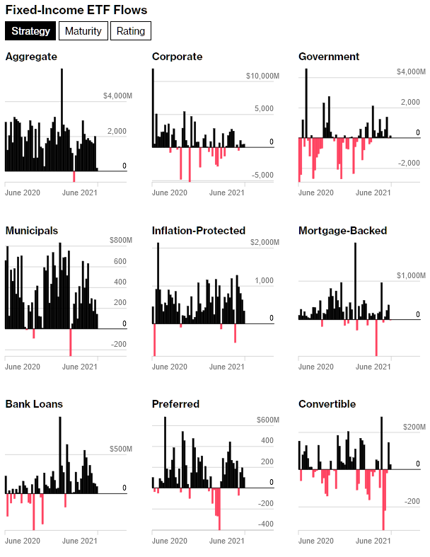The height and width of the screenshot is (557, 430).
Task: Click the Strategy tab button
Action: [30, 31]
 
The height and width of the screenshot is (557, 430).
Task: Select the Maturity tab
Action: [84, 31]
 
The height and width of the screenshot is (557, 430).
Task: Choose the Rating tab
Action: [131, 31]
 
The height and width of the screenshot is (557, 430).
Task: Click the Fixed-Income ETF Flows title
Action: [76, 10]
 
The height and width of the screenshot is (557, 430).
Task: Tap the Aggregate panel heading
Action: [31, 57]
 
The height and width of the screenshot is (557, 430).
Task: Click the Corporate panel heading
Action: [177, 57]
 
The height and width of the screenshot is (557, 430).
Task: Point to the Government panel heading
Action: [329, 57]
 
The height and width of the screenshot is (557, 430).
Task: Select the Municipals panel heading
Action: [32, 231]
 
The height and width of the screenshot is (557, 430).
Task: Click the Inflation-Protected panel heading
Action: [199, 231]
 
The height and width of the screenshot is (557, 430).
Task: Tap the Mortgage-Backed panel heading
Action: [343, 231]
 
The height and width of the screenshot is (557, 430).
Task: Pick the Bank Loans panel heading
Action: [34, 404]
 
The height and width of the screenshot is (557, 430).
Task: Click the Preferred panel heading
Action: [175, 404]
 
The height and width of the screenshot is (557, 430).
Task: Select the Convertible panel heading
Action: [327, 404]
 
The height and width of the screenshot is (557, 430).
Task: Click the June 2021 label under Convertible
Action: [373, 540]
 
